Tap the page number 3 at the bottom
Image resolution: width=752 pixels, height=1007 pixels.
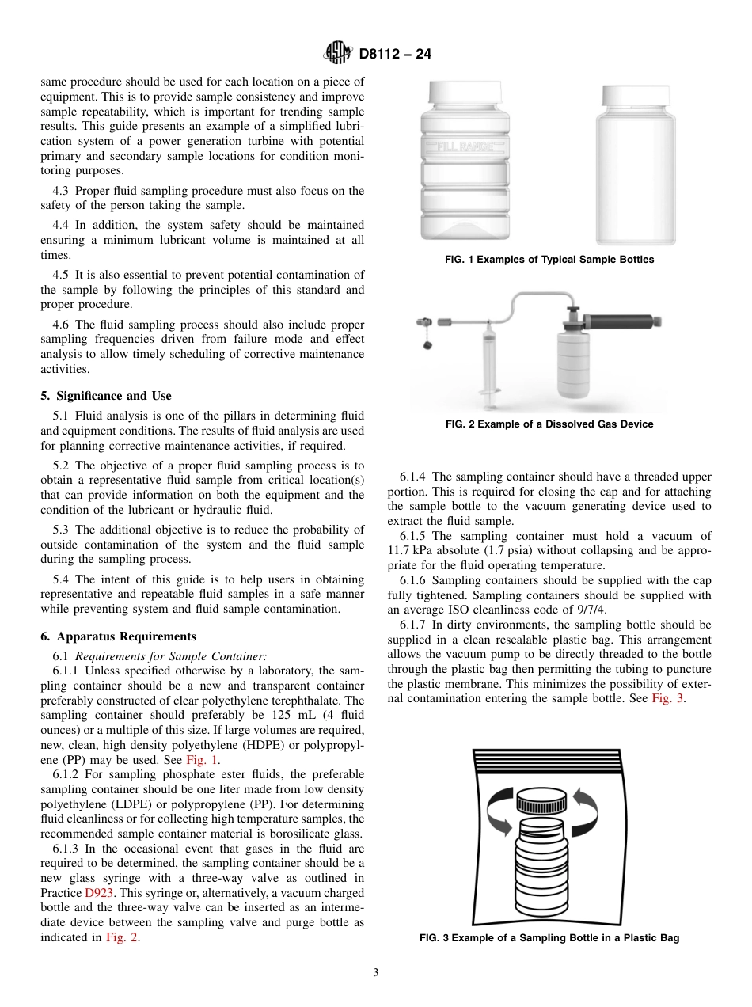pos(376,973)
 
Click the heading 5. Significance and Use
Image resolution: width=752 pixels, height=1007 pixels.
pos(105,396)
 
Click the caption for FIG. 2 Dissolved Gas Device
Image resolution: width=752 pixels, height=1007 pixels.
pos(549,424)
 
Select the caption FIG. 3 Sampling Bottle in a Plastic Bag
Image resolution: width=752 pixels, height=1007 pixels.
pos(549,938)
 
